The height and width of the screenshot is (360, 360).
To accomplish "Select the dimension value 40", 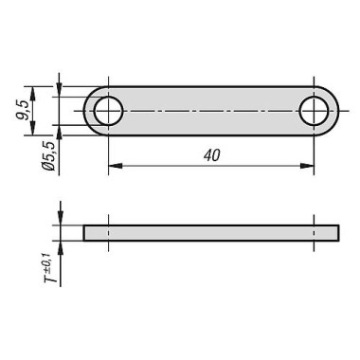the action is pos(212,155).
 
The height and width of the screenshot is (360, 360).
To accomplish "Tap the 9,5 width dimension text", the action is pos(24,110).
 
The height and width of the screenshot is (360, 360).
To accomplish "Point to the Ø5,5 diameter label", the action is pos(49,156).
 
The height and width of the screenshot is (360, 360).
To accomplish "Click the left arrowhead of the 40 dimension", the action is pos(115,166).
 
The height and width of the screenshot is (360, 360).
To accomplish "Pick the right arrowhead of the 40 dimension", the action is pos(308,166).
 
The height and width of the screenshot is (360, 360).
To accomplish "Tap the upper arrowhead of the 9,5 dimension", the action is pos(32,93).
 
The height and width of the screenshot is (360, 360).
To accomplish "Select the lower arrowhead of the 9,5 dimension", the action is pos(32,129).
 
